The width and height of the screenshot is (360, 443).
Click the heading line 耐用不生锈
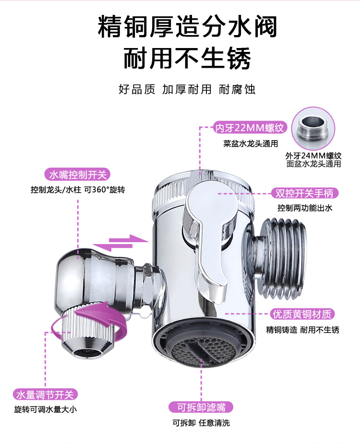(x=188, y=60)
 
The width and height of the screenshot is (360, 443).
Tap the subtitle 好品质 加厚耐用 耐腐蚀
(x=187, y=89)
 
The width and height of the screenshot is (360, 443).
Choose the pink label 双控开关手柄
(x=304, y=193)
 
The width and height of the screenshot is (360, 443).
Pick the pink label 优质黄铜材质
(x=302, y=314)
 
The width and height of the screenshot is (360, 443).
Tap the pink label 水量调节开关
(x=45, y=395)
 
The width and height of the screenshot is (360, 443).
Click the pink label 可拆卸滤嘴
(x=201, y=407)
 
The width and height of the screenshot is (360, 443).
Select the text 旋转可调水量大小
(x=45, y=410)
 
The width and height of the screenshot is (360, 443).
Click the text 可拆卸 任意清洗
(x=201, y=423)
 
